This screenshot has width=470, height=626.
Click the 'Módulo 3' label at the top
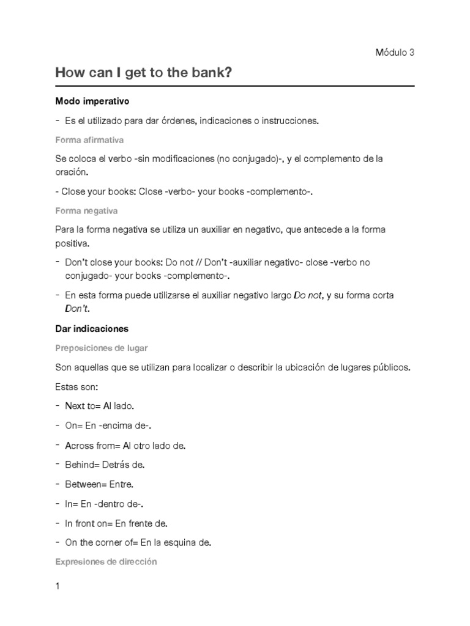[x=395, y=53]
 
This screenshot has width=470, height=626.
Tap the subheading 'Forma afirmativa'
[x=89, y=140]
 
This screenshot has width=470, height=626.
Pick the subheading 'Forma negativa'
[x=86, y=211]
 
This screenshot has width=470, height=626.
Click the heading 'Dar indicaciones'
[x=92, y=328]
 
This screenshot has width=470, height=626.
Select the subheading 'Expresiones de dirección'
[x=106, y=561]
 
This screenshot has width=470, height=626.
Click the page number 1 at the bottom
[x=58, y=587]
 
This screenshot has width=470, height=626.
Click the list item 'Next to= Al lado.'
[x=99, y=406]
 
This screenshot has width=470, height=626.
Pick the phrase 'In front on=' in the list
[x=89, y=523]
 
